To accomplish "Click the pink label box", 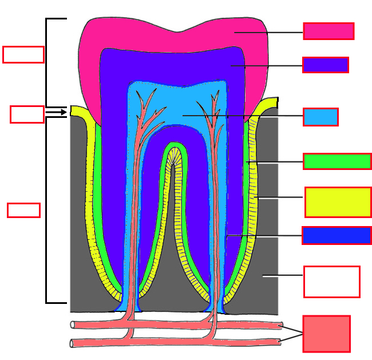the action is (329, 31).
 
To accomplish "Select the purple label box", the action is (326, 65).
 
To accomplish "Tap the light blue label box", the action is (320, 117).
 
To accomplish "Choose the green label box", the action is (337, 161).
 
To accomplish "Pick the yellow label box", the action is (338, 202).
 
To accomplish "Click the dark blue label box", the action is (337, 235).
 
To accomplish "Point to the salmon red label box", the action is (326, 334).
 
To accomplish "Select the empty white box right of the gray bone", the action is (331, 282).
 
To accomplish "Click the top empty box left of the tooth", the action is (23, 54).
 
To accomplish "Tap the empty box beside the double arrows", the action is (27, 114).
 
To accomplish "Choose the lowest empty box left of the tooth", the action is (23, 210).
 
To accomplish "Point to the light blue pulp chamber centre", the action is (177, 109).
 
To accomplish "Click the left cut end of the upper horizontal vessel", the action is (73, 325).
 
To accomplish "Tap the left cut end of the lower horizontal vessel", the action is (73, 343).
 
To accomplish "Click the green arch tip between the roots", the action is (173, 146).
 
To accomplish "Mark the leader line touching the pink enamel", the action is (269, 32).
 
